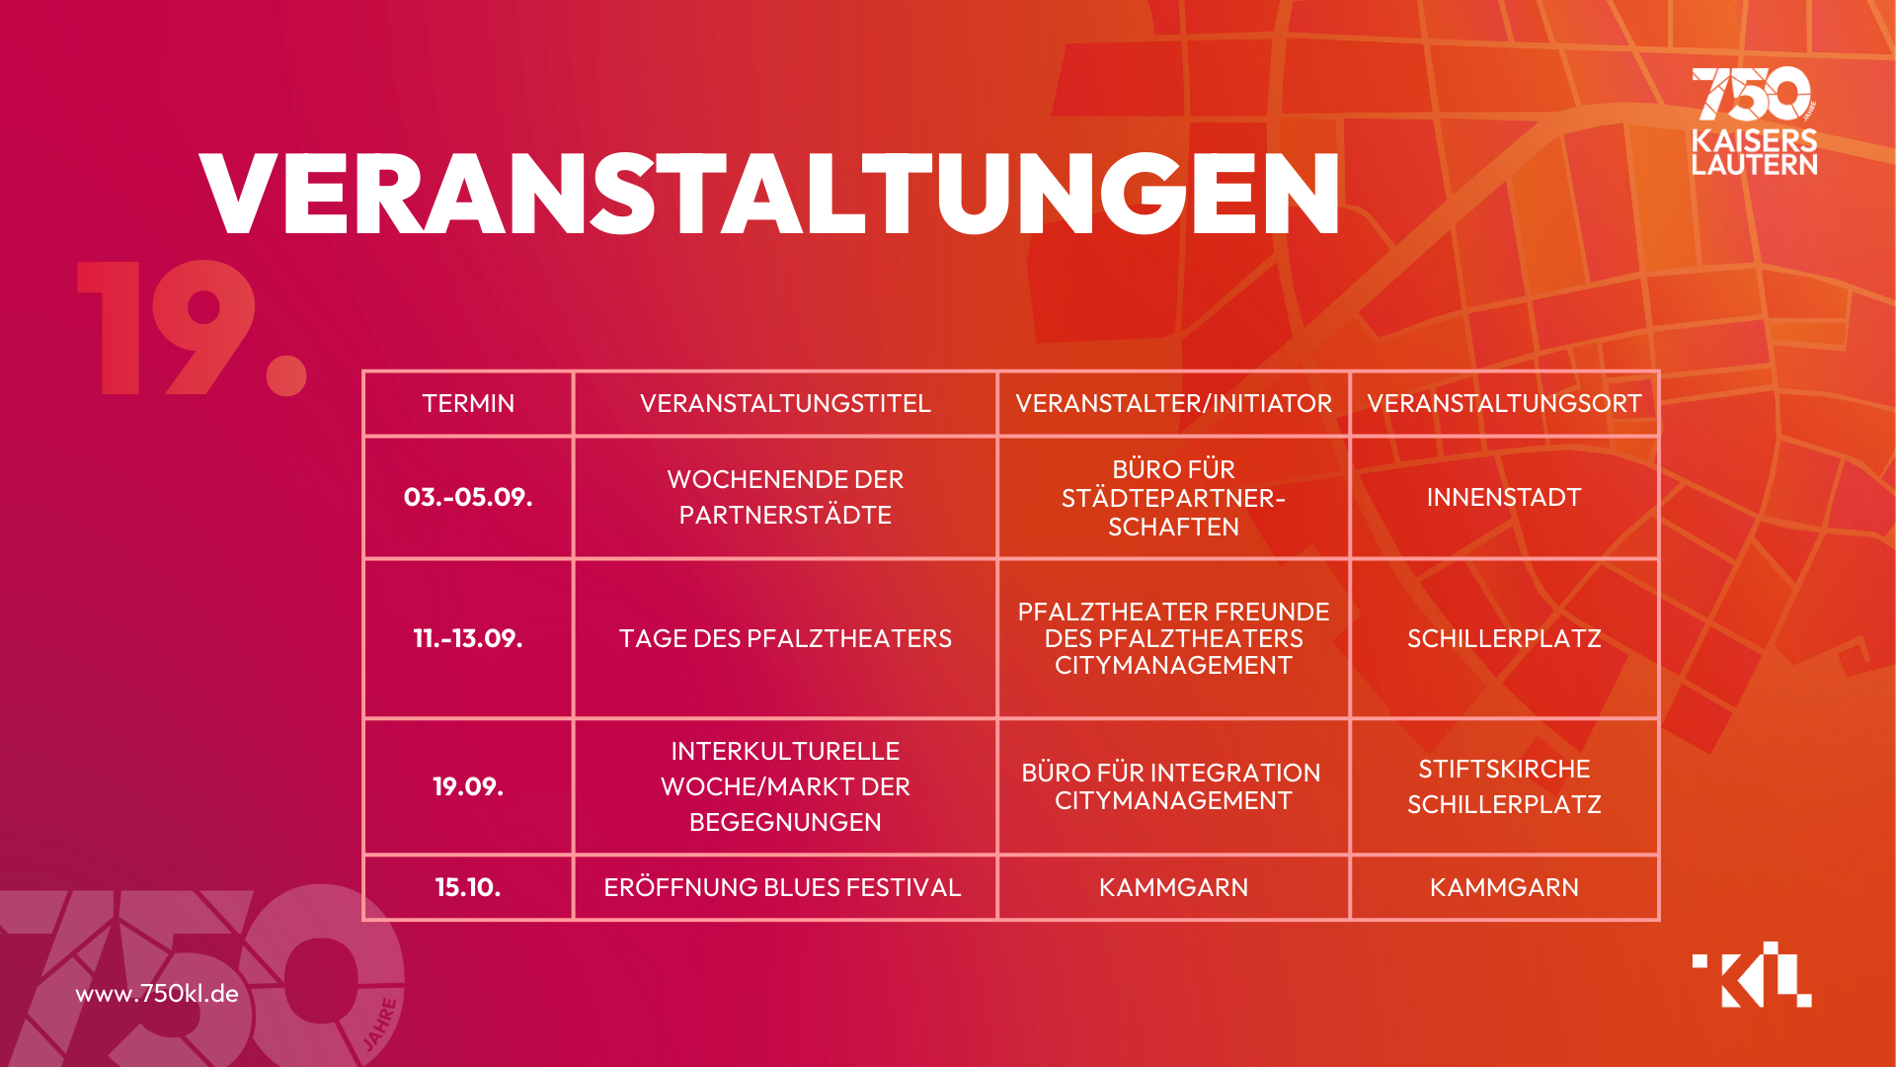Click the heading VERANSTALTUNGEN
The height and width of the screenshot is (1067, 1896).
tap(769, 195)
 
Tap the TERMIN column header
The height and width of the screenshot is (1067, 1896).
tap(468, 403)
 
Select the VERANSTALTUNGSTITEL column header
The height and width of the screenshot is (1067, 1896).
tap(785, 403)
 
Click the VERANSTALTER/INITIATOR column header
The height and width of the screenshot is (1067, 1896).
tap(1173, 403)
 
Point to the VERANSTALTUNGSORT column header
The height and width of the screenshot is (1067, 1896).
tap(1504, 403)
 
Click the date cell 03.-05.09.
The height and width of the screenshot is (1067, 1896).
tap(468, 497)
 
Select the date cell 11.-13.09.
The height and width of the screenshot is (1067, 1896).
tap(468, 638)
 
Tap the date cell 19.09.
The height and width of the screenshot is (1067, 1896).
tap(468, 786)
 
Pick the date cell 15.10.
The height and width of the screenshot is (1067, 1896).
tap(468, 887)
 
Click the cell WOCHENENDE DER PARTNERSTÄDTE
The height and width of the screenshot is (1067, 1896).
tap(785, 497)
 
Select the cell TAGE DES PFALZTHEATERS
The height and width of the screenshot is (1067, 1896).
tap(785, 638)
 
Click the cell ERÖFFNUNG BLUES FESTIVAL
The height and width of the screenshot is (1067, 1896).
tap(782, 887)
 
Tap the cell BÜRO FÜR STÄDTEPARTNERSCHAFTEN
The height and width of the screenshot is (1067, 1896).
tap(1173, 498)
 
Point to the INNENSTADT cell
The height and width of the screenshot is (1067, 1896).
tap(1504, 497)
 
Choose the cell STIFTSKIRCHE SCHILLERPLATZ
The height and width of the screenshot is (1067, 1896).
tap(1504, 786)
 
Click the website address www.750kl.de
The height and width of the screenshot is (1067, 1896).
tap(157, 993)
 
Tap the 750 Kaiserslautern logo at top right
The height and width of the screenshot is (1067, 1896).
tap(1754, 121)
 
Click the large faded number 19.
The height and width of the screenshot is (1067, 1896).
tap(193, 328)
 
